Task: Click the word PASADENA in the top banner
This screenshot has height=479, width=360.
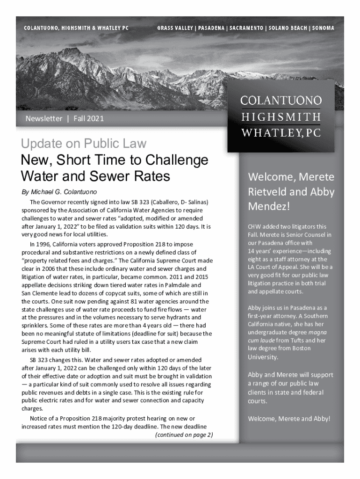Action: pyautogui.click(x=211, y=28)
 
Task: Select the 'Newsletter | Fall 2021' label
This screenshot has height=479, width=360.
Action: pyautogui.click(x=65, y=118)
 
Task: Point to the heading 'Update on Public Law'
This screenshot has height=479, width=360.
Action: pyautogui.click(x=84, y=144)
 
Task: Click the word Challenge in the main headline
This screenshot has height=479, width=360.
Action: pyautogui.click(x=173, y=160)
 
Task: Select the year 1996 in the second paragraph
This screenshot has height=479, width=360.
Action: pyautogui.click(x=43, y=244)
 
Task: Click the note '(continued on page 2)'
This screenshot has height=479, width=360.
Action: pyautogui.click(x=184, y=435)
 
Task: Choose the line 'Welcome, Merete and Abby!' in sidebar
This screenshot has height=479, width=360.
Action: pyautogui.click(x=289, y=419)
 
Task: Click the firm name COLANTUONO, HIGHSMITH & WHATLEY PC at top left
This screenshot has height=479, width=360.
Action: pyautogui.click(x=76, y=28)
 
